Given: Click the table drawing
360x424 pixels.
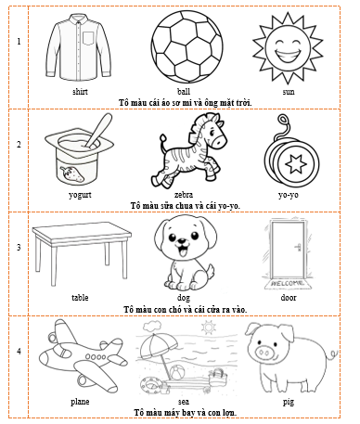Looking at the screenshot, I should (80, 253).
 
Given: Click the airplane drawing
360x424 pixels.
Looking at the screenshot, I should (80, 357).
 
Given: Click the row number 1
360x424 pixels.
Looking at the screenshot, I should (18, 42).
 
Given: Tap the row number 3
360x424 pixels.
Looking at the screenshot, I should (18, 248).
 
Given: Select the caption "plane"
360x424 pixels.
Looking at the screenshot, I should (80, 402).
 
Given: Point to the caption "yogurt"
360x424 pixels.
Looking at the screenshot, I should (80, 196).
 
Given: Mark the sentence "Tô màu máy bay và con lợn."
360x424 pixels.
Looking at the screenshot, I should (184, 411).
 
